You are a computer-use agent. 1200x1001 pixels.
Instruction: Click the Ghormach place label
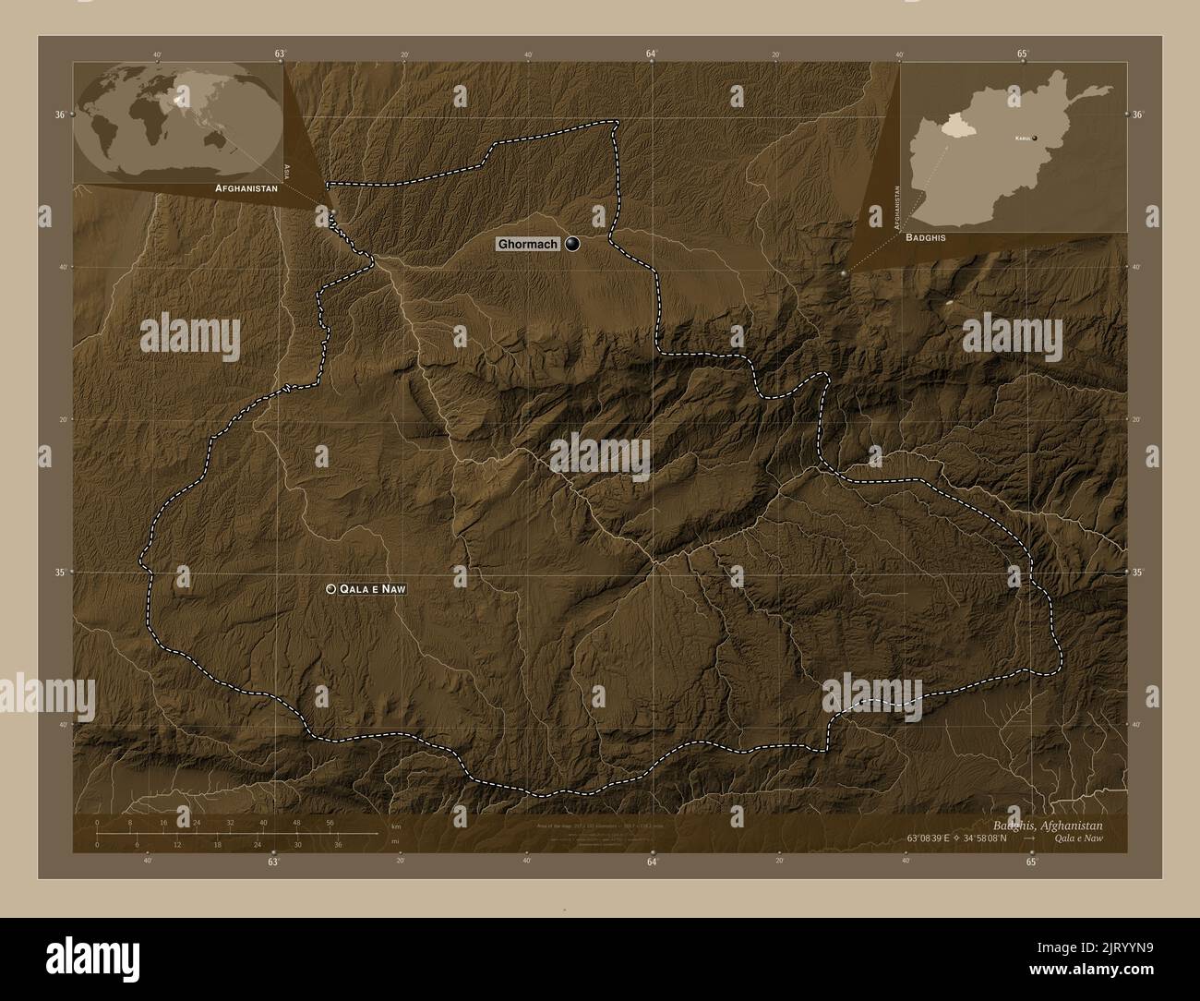tap(527, 245)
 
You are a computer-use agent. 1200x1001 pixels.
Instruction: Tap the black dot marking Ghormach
tap(573, 244)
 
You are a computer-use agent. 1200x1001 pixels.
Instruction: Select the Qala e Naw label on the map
tap(373, 588)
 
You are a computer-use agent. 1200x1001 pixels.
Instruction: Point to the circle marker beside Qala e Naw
tap(330, 588)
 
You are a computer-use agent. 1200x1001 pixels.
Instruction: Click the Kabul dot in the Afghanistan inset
tap(1035, 138)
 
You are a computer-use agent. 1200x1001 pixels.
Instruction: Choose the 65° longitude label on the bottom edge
tap(1031, 862)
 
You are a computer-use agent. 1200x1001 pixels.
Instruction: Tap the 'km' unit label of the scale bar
tap(395, 826)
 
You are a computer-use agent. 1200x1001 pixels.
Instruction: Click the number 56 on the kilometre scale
tap(330, 822)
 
